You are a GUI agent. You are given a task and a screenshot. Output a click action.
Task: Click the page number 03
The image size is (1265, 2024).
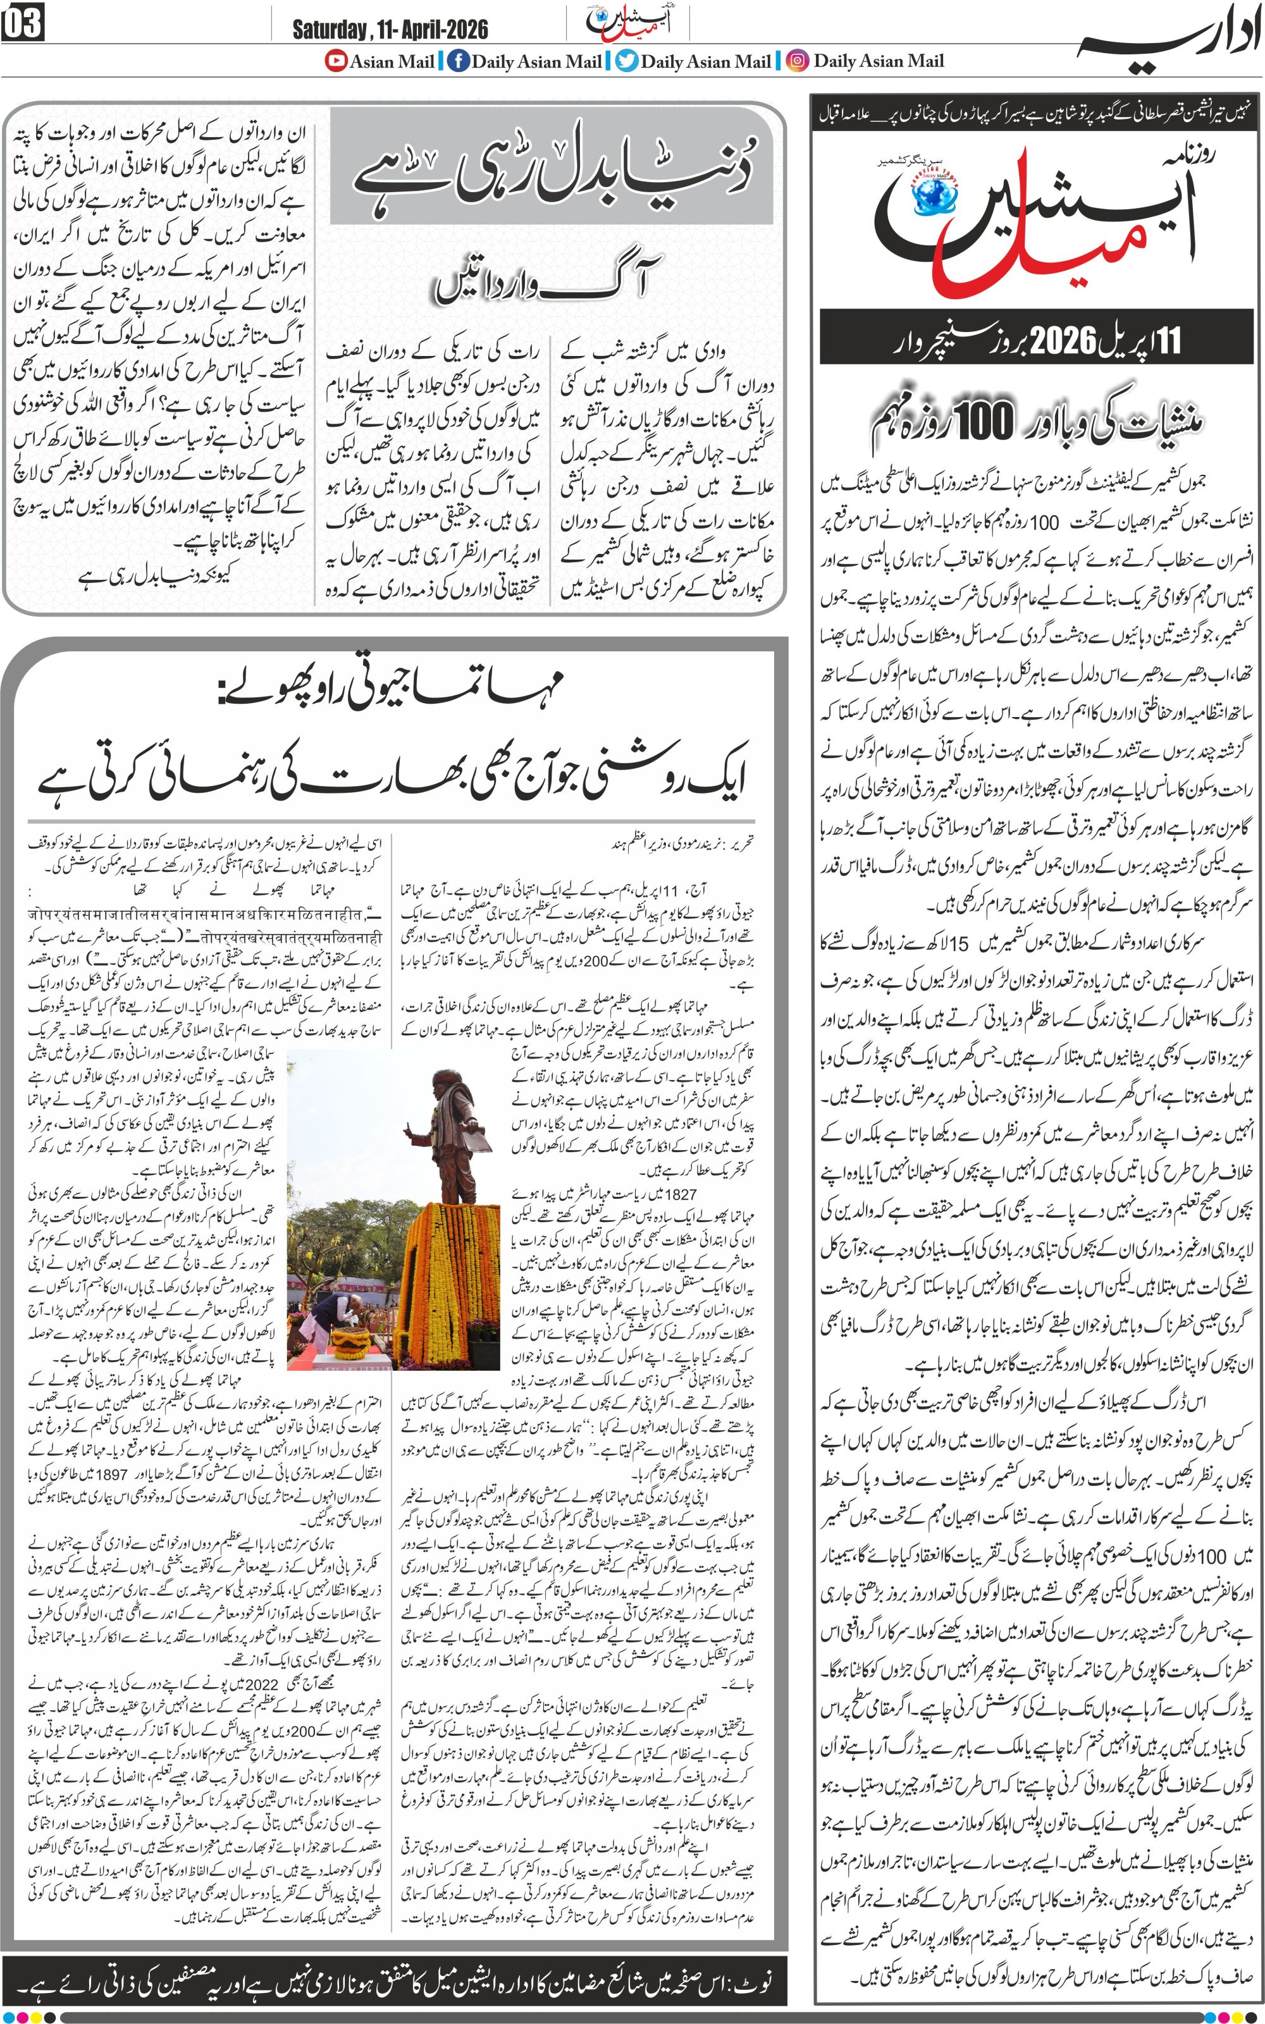click(23, 23)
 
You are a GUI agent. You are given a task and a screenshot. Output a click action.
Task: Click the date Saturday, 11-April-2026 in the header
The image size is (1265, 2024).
click(390, 30)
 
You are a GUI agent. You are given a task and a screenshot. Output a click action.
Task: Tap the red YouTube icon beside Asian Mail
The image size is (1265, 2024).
click(336, 61)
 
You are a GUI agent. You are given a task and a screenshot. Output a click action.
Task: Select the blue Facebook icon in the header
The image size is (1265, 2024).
click(458, 61)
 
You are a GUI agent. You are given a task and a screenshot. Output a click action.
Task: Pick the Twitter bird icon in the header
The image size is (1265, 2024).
click(627, 61)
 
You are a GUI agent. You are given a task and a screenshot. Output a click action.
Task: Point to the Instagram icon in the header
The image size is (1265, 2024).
click(798, 61)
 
